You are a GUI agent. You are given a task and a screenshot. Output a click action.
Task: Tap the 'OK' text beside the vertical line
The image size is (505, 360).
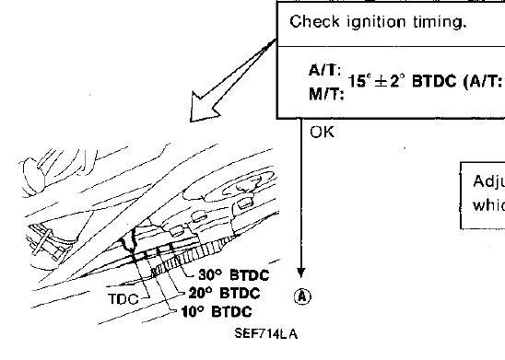click(x=322, y=133)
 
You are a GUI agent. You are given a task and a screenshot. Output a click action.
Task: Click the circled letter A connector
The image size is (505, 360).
click(x=301, y=296)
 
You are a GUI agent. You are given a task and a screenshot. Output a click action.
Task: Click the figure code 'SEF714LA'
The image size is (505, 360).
click(x=265, y=335)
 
